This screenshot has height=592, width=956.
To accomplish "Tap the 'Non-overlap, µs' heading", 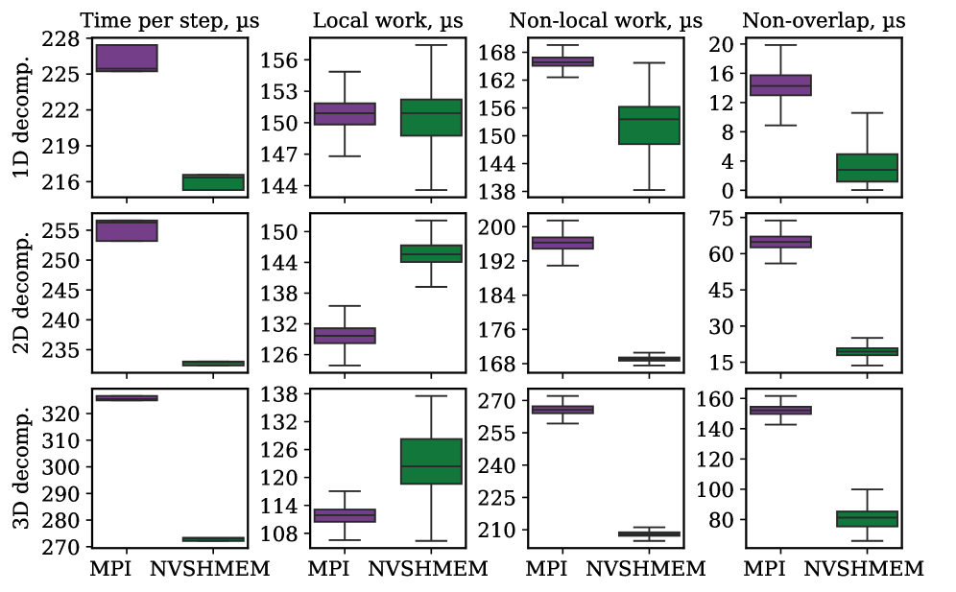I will click(819, 19).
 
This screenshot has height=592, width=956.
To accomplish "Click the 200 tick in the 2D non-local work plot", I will click(499, 227).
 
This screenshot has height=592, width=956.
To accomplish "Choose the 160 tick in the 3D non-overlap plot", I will click(715, 399).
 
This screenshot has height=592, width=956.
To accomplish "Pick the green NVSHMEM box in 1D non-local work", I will click(649, 125).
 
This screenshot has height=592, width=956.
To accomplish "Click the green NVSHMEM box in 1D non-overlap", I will click(867, 168).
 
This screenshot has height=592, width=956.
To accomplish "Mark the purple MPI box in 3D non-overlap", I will click(780, 410).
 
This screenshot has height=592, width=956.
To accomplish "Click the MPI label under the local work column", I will click(328, 569).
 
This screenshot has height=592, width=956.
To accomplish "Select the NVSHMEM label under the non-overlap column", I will click(864, 569).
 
